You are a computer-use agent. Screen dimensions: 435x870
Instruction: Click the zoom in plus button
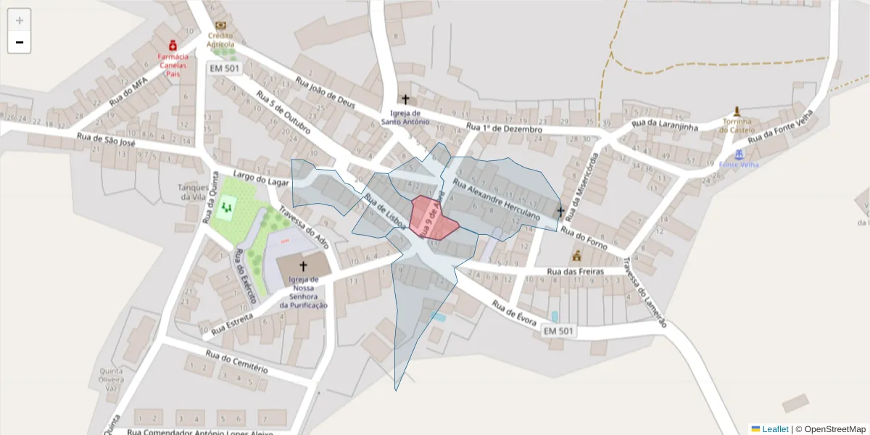20,20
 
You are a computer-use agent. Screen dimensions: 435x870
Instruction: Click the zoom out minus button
20,43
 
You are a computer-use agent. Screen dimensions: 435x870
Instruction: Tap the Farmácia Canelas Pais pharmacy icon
173,45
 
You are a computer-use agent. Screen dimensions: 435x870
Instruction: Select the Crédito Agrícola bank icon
220,25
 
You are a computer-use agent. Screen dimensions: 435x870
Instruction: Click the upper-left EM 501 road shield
224,68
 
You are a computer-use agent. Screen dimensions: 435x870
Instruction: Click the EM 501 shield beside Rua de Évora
559,331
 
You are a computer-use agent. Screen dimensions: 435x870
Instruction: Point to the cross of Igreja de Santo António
405,99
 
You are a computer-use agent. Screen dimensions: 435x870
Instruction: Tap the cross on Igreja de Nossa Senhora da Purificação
303,266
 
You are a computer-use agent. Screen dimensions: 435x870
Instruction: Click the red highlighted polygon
432,217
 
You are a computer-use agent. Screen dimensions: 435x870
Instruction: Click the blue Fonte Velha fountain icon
739,154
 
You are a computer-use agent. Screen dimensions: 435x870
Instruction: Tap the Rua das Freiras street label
576,273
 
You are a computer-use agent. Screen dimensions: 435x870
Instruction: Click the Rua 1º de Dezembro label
505,129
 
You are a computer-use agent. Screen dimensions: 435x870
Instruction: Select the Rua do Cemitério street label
236,361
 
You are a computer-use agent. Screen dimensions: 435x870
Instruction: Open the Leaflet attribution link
774,429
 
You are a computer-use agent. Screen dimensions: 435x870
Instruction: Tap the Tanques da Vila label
194,192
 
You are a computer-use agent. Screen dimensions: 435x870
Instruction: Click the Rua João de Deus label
326,94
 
